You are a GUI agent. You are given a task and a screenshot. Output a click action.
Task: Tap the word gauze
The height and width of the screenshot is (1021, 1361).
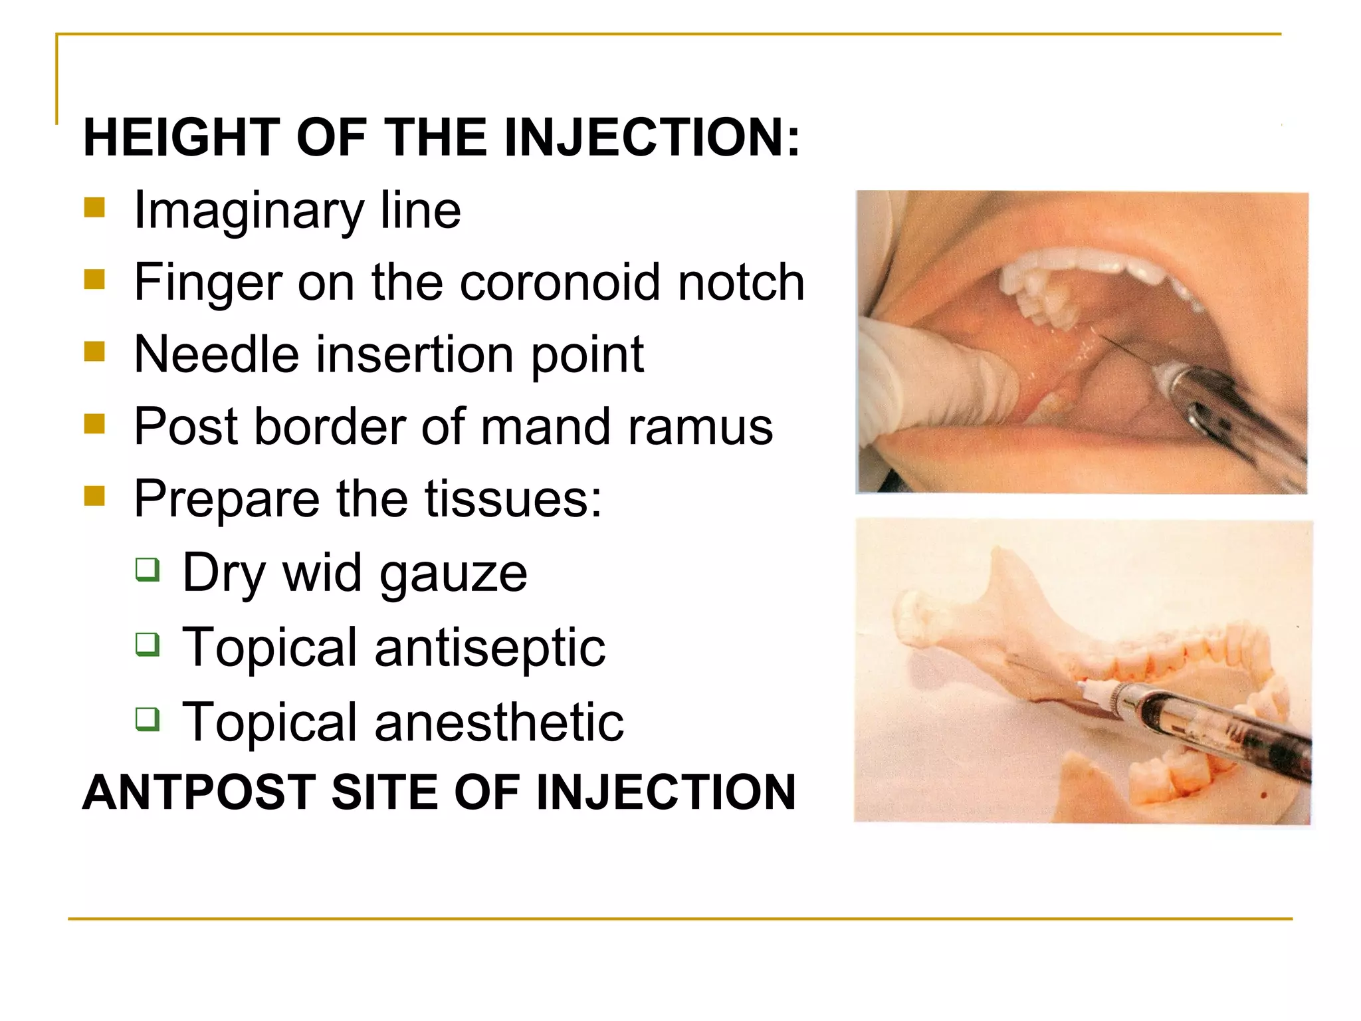(x=454, y=574)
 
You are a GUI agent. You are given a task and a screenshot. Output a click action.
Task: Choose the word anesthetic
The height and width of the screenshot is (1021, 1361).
(x=499, y=722)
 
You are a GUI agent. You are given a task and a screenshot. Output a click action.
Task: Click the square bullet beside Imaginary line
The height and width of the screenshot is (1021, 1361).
(x=95, y=208)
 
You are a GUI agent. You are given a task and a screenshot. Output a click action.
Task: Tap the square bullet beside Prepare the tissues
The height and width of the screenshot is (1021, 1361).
(x=95, y=496)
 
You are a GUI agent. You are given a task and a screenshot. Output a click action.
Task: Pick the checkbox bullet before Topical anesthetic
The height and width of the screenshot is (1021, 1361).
(x=148, y=719)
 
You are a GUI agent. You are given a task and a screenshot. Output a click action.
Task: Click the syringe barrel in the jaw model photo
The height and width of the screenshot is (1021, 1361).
(x=1196, y=725)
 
